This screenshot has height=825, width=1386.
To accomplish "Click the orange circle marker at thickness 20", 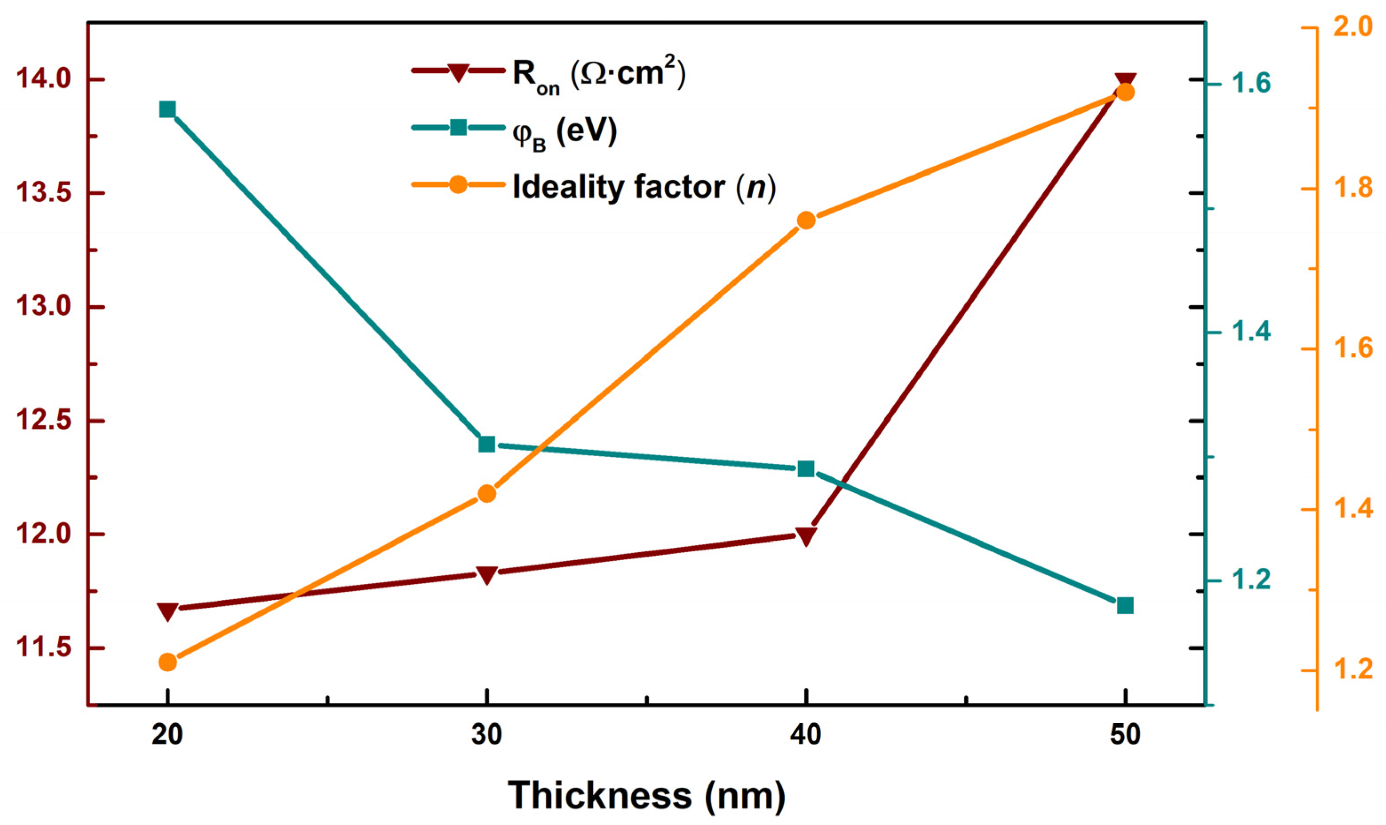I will (168, 662).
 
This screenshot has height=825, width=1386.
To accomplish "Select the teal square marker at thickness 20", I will (168, 110).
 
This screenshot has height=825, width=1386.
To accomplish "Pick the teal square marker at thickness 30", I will (487, 444).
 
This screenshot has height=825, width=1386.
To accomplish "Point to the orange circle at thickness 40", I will (806, 221).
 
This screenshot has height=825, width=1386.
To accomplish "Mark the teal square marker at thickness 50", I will (1125, 606).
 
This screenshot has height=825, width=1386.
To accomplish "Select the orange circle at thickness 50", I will (1125, 92).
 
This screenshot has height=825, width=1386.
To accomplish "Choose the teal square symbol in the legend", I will (458, 128).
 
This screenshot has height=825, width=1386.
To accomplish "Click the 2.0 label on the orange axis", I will (1352, 28).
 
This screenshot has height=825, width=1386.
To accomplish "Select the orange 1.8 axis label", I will (1352, 188).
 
